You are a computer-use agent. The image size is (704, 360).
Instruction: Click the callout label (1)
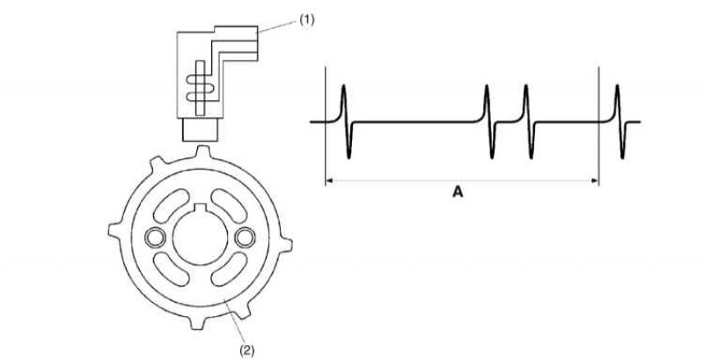coord(307,20)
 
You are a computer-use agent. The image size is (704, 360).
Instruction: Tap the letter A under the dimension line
coord(458,193)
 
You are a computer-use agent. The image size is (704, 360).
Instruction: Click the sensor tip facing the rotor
coord(200,129)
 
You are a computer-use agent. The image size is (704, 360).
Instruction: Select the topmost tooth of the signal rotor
coord(203,151)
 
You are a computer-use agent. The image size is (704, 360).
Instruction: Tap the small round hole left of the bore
coord(155,238)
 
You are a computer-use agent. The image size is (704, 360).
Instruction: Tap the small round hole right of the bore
coord(246,238)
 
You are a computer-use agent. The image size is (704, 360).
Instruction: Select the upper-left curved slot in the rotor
coord(171,206)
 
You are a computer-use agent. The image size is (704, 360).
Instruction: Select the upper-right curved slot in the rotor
coord(229,206)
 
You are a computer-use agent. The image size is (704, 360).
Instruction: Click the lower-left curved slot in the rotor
coord(171,268)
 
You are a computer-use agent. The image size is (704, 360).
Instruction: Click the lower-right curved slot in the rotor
coord(229,268)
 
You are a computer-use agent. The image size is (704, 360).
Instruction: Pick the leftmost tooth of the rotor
coord(114,230)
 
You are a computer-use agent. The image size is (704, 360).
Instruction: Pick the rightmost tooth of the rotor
coord(286,245)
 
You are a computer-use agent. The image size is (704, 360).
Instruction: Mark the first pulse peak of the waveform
coord(343,85)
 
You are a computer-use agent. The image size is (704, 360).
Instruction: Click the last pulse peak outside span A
coord(618,85)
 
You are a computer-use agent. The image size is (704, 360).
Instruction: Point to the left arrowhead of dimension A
coord(328,181)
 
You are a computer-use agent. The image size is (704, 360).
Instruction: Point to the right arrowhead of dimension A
coord(596,181)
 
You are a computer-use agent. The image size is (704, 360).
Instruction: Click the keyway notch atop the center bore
coord(201,207)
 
